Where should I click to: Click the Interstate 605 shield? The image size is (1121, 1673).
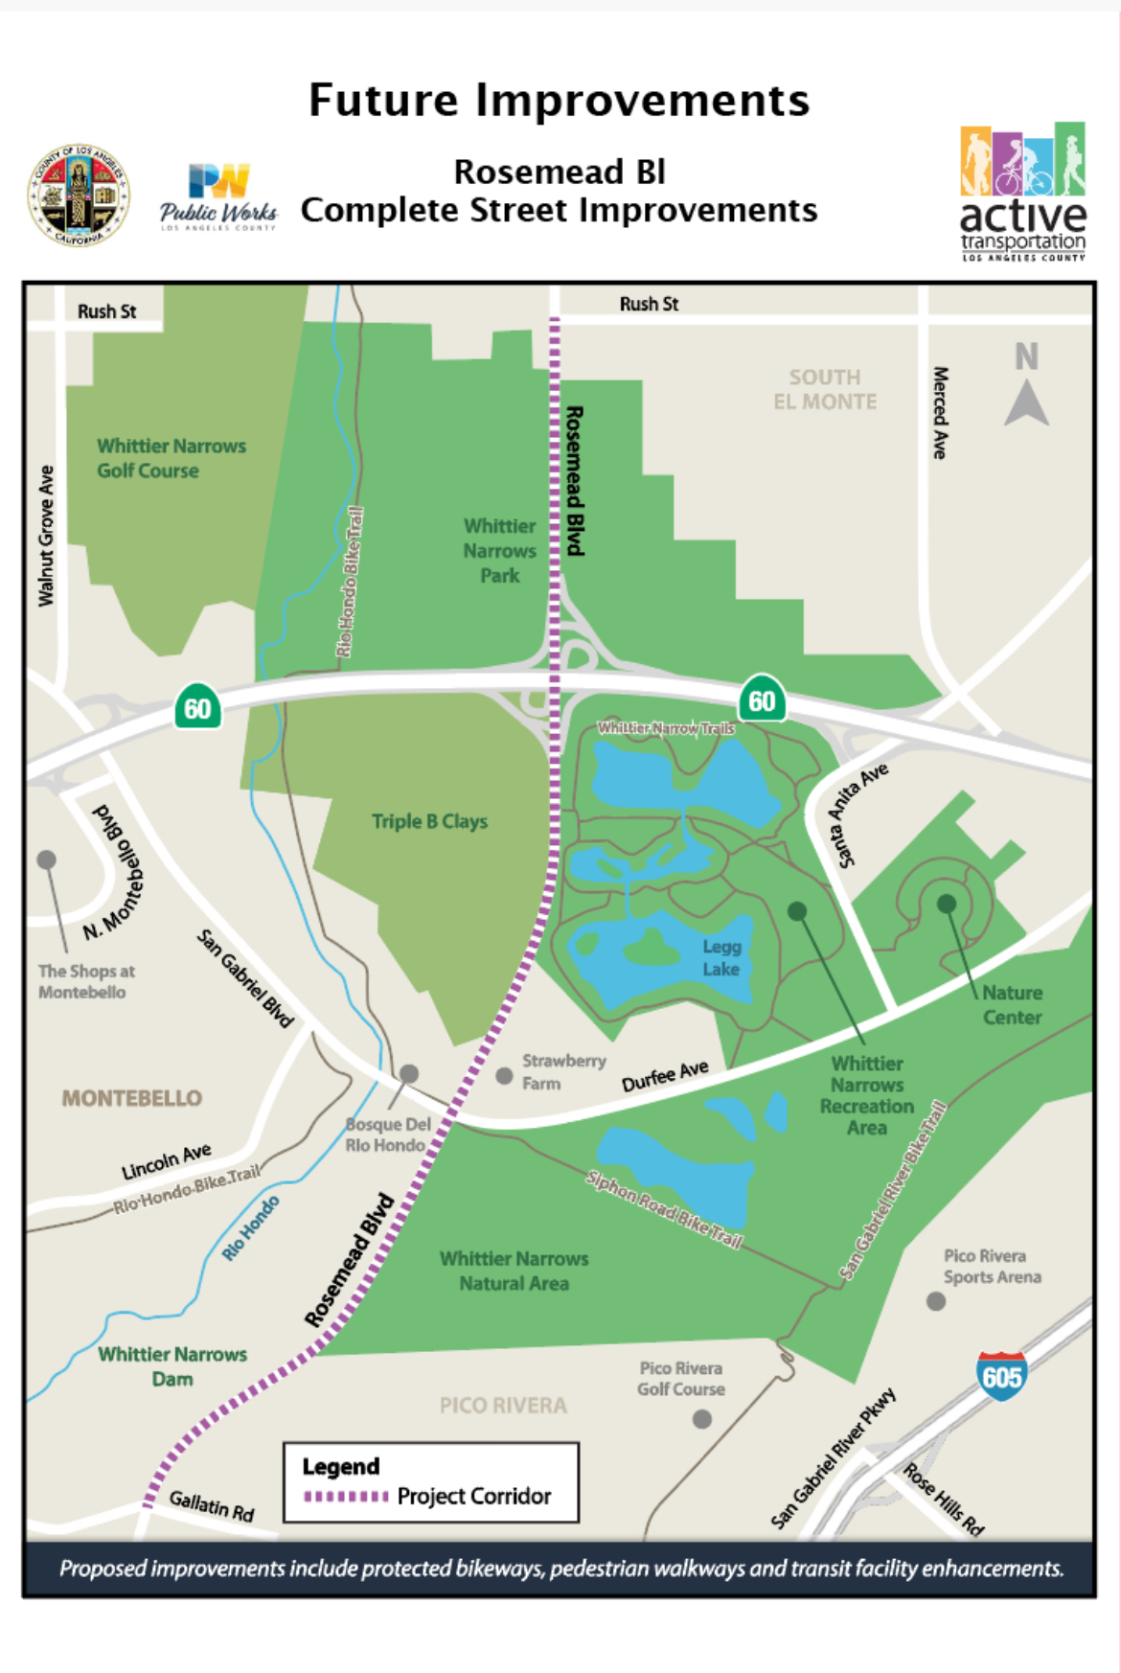tap(1001, 1376)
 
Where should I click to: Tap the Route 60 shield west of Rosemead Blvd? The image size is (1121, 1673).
tap(197, 708)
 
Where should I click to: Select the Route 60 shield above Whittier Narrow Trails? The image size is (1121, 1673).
tap(762, 700)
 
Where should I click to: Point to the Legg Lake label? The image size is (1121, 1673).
tap(721, 957)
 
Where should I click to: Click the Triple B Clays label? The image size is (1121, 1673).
tap(429, 821)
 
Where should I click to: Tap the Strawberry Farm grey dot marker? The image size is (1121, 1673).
tap(504, 1076)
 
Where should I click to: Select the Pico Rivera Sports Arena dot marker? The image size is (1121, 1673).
tap(936, 1301)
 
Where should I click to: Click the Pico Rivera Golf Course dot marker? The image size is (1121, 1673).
tap(702, 1419)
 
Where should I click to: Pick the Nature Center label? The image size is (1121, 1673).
tap(1012, 1004)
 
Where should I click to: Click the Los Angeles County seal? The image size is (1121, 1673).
tap(79, 196)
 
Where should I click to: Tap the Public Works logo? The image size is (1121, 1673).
tap(218, 196)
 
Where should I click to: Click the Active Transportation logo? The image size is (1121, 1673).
tap(1022, 193)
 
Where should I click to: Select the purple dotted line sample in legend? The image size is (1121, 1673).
tap(345, 1496)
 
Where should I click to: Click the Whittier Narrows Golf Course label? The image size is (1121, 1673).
tap(171, 458)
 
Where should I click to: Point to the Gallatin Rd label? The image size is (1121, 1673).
tap(212, 1505)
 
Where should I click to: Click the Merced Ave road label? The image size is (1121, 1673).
tap(941, 412)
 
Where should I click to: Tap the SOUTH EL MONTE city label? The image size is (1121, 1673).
tap(825, 389)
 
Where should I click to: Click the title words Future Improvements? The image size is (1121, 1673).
tap(559, 100)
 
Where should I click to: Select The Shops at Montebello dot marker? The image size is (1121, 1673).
tap(46, 859)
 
